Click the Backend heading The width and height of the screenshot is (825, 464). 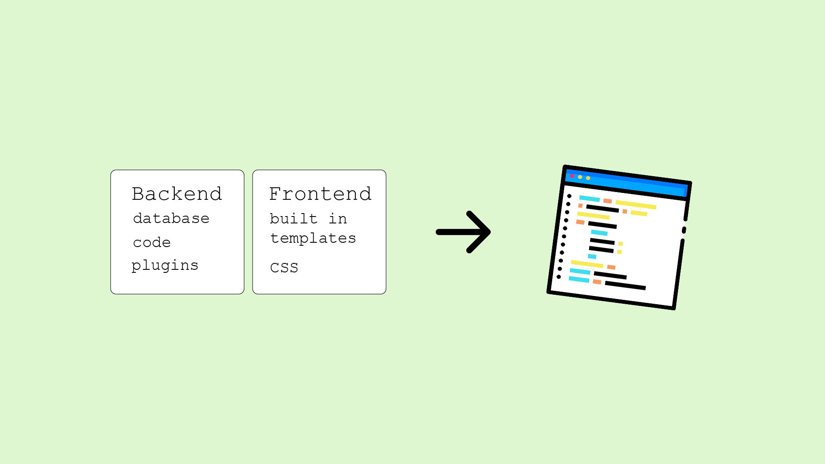pos(177,194)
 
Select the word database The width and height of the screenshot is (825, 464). pos(171,219)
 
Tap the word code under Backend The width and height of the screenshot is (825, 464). pos(152,243)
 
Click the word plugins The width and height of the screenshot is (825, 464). pos(165,266)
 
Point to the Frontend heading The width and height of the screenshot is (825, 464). pos(320,194)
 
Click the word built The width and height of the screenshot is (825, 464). pos(293,219)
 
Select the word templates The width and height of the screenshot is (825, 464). pos(313,238)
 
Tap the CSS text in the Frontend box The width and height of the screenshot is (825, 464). pos(284,268)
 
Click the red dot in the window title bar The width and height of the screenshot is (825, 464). pos(572,176)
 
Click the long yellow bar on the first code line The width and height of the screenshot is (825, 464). pos(636,205)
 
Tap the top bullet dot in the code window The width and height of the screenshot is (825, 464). pos(569,196)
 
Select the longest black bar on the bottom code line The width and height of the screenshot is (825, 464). pos(625,286)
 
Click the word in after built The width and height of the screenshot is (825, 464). pos(338,219)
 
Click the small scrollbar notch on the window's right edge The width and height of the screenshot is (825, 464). pos(684,230)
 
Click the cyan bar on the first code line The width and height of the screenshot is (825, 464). pos(589,198)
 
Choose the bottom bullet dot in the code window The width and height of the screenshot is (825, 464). pos(559,277)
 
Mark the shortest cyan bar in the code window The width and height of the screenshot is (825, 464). pos(592,256)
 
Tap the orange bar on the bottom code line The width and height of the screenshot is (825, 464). pos(597,282)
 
